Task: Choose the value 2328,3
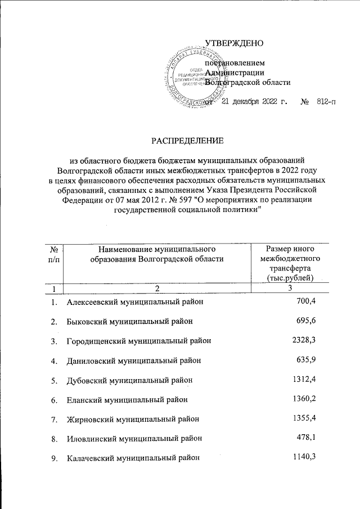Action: point(304,340)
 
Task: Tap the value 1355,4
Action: point(304,419)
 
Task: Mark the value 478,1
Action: point(307,438)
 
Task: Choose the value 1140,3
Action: point(304,458)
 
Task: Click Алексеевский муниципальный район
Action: point(134,302)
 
